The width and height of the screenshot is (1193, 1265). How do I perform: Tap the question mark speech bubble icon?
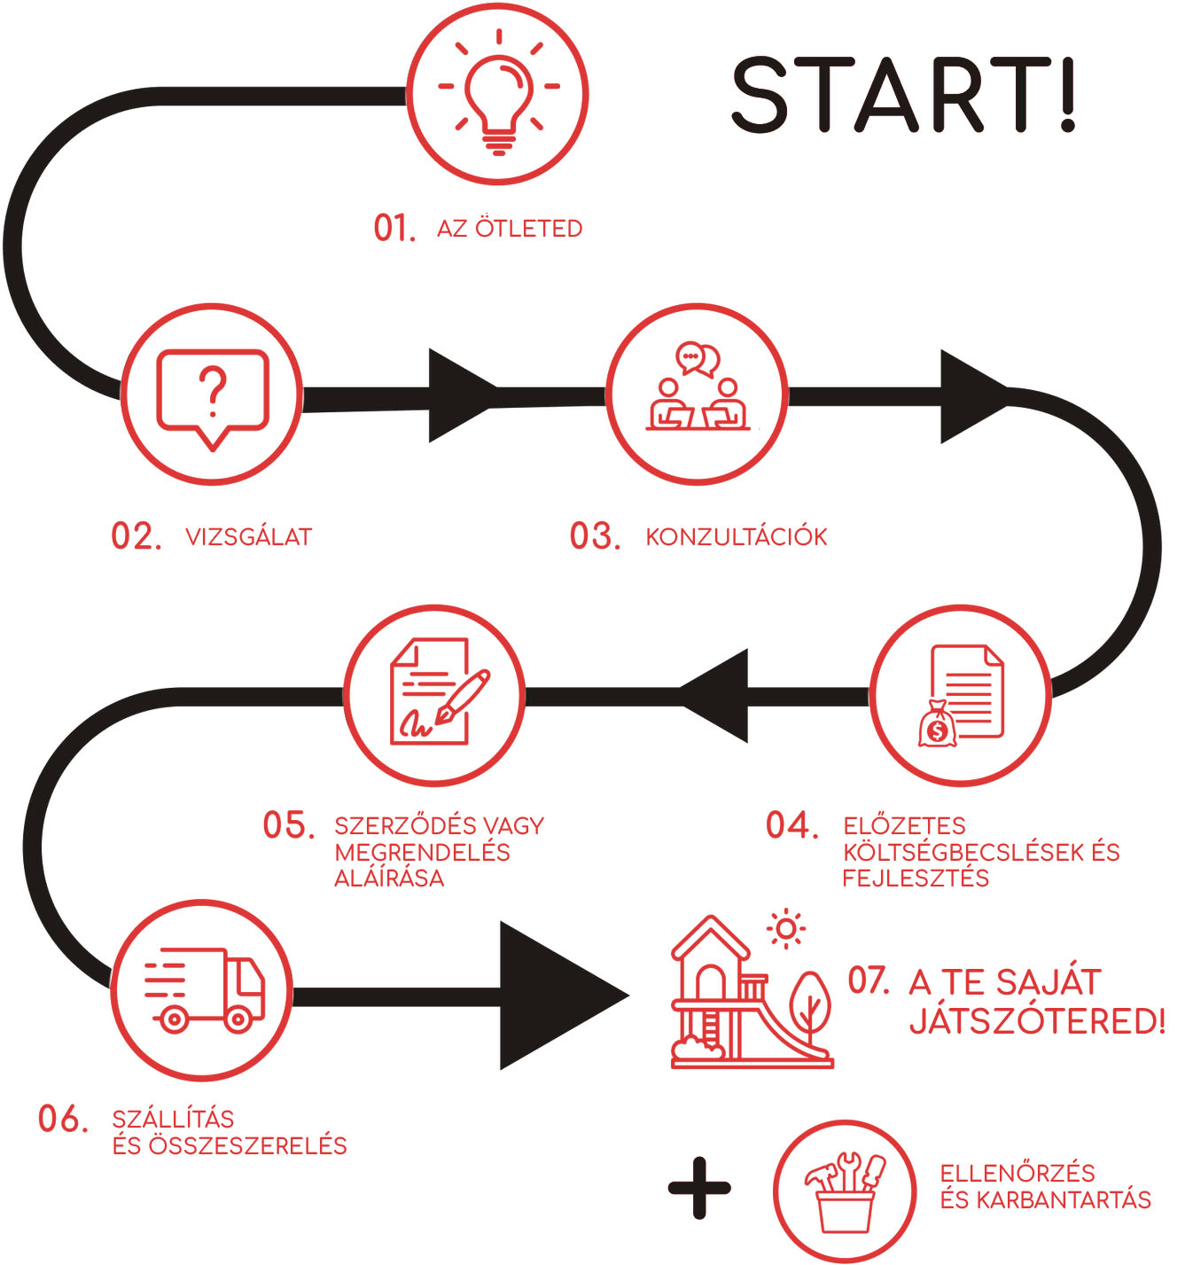tap(212, 395)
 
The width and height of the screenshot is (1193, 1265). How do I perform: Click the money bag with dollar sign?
tap(937, 724)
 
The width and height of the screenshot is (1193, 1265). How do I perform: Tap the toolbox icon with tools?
tap(845, 1191)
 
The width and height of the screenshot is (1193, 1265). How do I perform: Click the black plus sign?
tap(699, 1188)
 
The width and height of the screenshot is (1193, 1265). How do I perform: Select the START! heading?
tap(903, 96)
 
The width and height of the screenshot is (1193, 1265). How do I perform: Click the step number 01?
tap(394, 229)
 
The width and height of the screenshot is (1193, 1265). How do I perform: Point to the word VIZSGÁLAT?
tap(248, 537)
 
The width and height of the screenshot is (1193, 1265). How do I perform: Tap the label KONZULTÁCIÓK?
tap(736, 537)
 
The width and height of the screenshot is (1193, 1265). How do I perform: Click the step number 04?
tap(791, 826)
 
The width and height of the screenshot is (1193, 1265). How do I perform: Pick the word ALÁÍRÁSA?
tap(389, 878)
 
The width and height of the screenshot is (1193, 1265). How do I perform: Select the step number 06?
tap(63, 1120)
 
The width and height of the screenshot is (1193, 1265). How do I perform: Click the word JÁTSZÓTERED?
tap(1037, 1022)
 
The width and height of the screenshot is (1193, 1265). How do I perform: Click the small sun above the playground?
tap(785, 929)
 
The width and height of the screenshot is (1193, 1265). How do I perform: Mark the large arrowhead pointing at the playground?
tap(558, 996)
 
